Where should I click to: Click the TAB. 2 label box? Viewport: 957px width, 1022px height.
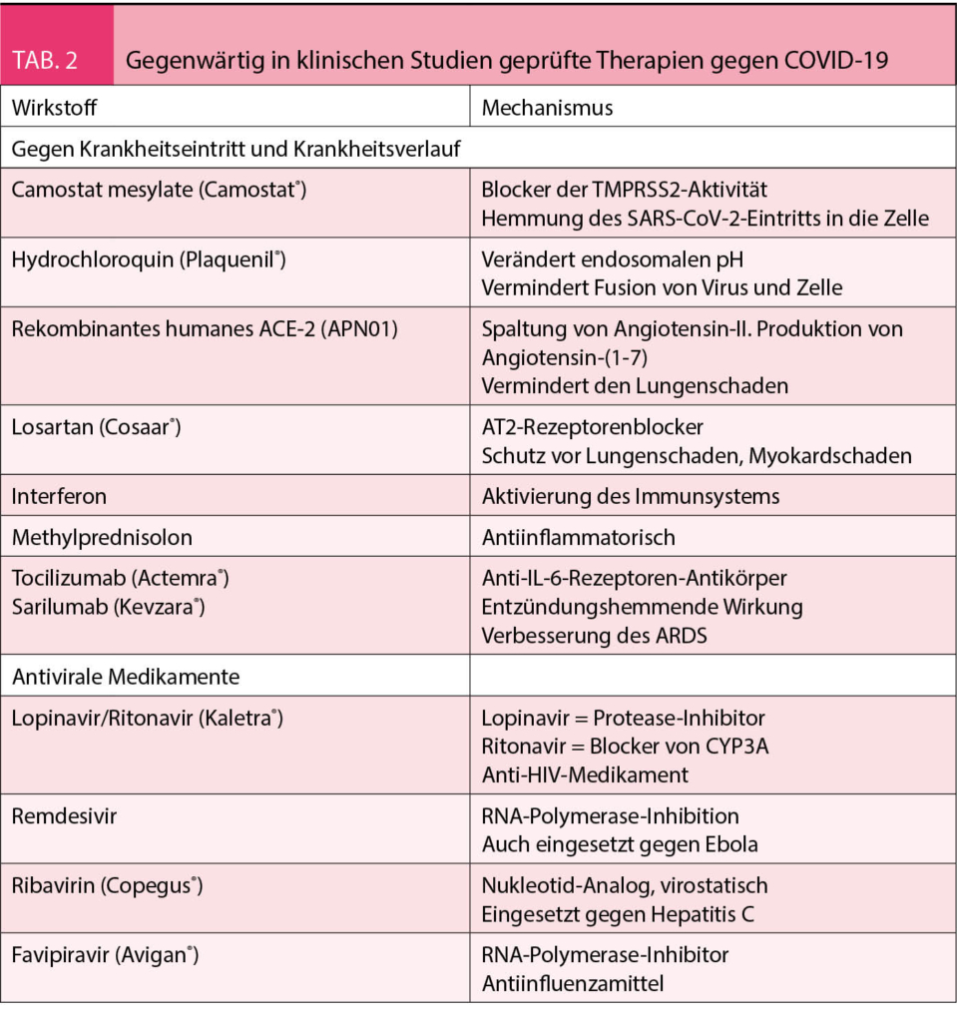click(x=58, y=61)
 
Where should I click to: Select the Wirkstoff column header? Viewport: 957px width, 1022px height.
click(x=55, y=107)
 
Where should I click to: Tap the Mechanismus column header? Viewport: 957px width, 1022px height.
click(x=547, y=107)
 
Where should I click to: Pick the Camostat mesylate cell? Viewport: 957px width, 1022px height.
click(x=158, y=190)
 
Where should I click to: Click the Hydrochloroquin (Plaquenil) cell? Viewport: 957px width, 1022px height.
click(x=149, y=259)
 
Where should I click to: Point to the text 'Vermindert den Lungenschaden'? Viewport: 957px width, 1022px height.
click(x=635, y=385)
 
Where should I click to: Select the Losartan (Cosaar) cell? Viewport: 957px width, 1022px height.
click(x=96, y=427)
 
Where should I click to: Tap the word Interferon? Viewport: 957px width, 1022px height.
click(x=59, y=496)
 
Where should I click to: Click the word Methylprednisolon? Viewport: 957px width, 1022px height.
click(x=102, y=537)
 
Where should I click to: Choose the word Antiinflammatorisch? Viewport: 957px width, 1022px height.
click(x=578, y=537)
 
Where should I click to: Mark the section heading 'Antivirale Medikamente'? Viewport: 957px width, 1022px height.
click(x=126, y=676)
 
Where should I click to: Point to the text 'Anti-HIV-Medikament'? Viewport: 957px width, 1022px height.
click(x=585, y=773)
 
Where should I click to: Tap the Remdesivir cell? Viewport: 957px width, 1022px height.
click(x=65, y=815)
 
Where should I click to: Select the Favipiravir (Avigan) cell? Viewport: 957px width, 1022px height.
click(x=105, y=955)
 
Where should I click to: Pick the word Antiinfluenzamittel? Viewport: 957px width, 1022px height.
click(x=573, y=983)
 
